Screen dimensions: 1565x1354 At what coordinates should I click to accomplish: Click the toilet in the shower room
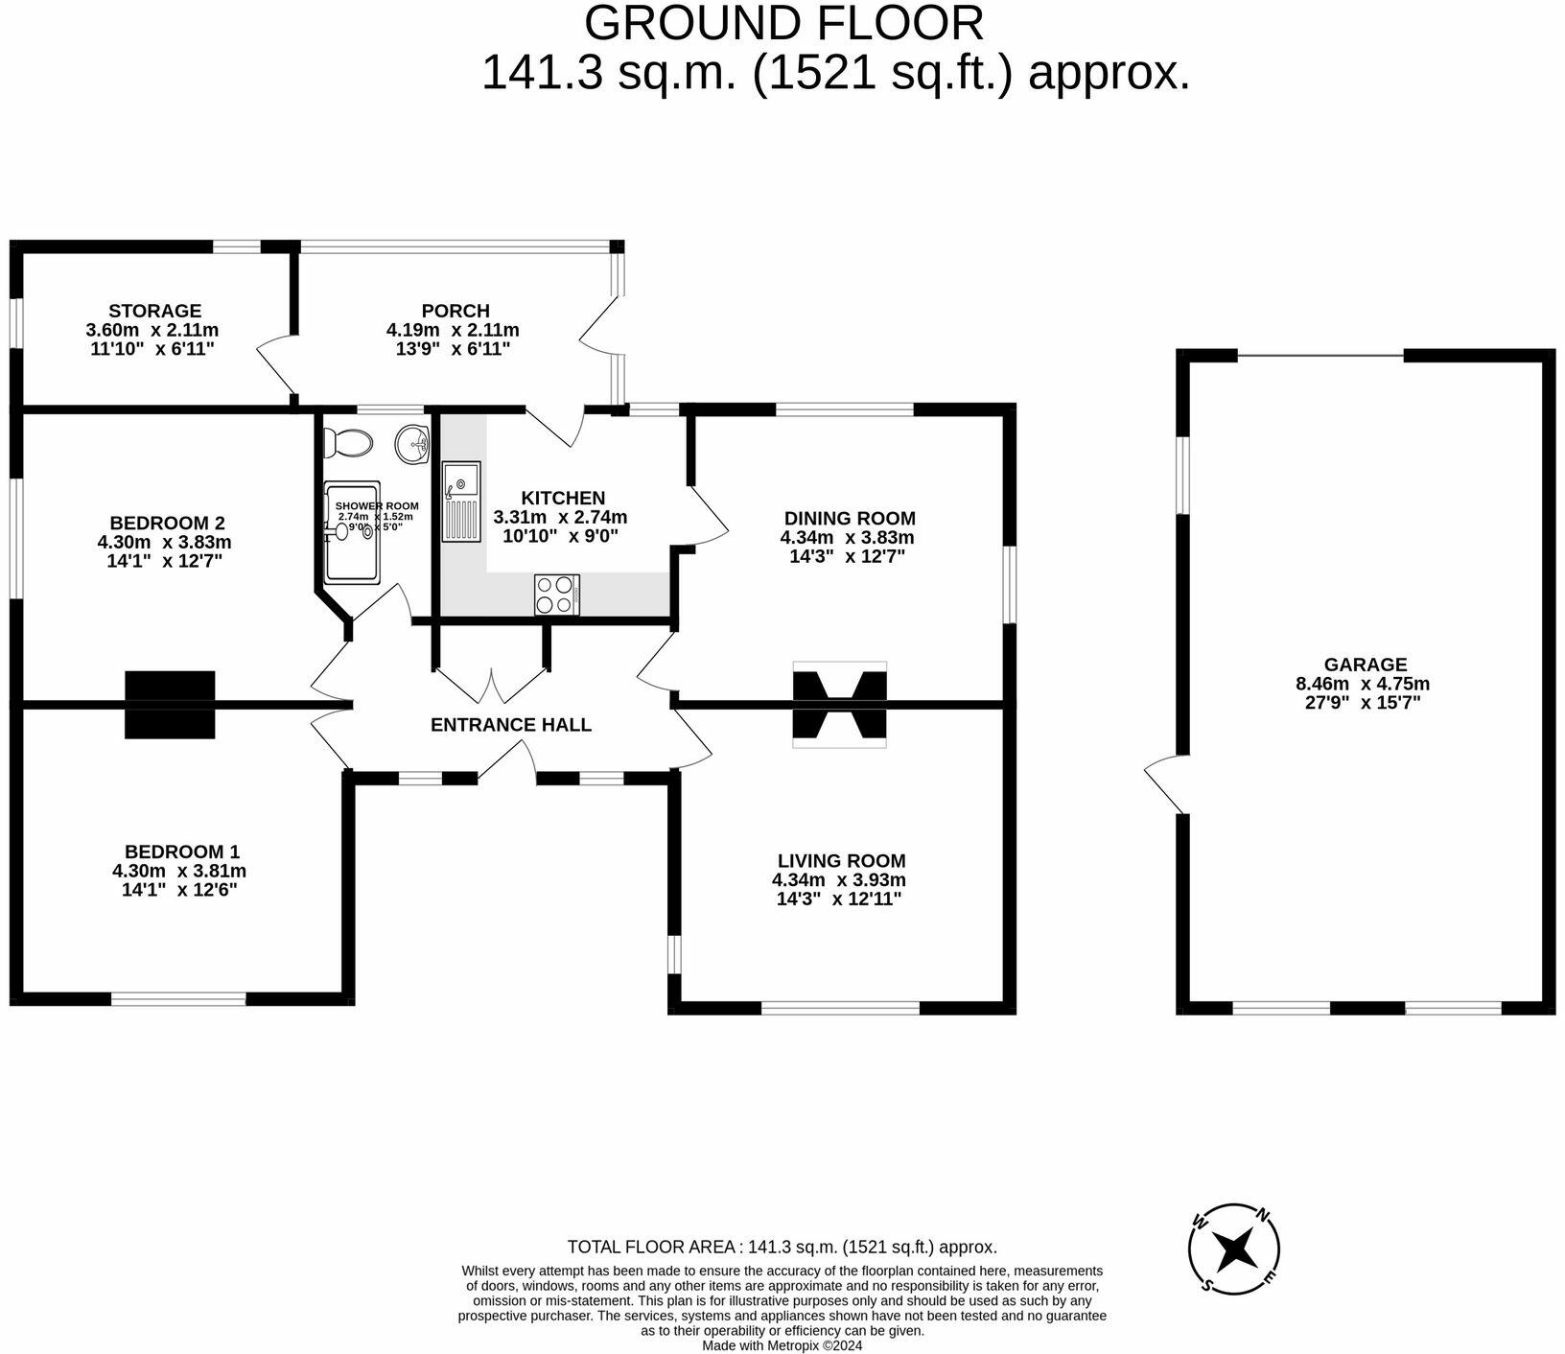tap(347, 442)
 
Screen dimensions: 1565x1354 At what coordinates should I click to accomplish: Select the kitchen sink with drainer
tap(460, 502)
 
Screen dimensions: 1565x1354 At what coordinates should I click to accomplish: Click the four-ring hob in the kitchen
tap(557, 594)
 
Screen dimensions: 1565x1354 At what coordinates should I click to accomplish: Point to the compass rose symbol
tap(1234, 1249)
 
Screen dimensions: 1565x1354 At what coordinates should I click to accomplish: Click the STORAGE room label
tap(154, 311)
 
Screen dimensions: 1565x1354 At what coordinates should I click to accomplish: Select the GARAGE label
tap(1365, 665)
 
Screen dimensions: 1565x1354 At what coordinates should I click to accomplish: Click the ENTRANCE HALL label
tap(511, 725)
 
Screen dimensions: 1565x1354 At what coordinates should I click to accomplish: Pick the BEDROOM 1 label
tap(182, 852)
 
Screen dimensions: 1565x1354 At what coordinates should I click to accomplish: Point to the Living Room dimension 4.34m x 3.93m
tap(839, 880)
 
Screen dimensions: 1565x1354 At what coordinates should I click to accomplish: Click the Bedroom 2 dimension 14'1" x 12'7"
tap(165, 561)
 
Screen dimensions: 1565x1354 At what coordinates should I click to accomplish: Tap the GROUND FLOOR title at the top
tap(783, 23)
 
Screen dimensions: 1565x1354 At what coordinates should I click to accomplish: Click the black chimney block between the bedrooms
tap(170, 705)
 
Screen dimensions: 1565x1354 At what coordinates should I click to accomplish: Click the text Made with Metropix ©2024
tap(782, 1345)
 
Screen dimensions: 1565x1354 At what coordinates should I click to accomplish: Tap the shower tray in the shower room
tap(353, 532)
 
